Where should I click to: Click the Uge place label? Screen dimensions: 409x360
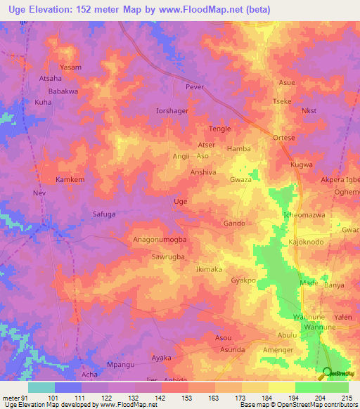tap(180, 202)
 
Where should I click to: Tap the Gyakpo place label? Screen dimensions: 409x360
tap(243, 280)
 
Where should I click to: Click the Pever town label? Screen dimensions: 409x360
tap(193, 87)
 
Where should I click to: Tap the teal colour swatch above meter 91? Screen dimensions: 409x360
tap(41, 387)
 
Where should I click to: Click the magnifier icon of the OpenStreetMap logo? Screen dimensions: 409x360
tap(327, 374)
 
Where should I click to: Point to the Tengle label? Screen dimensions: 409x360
tap(220, 129)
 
